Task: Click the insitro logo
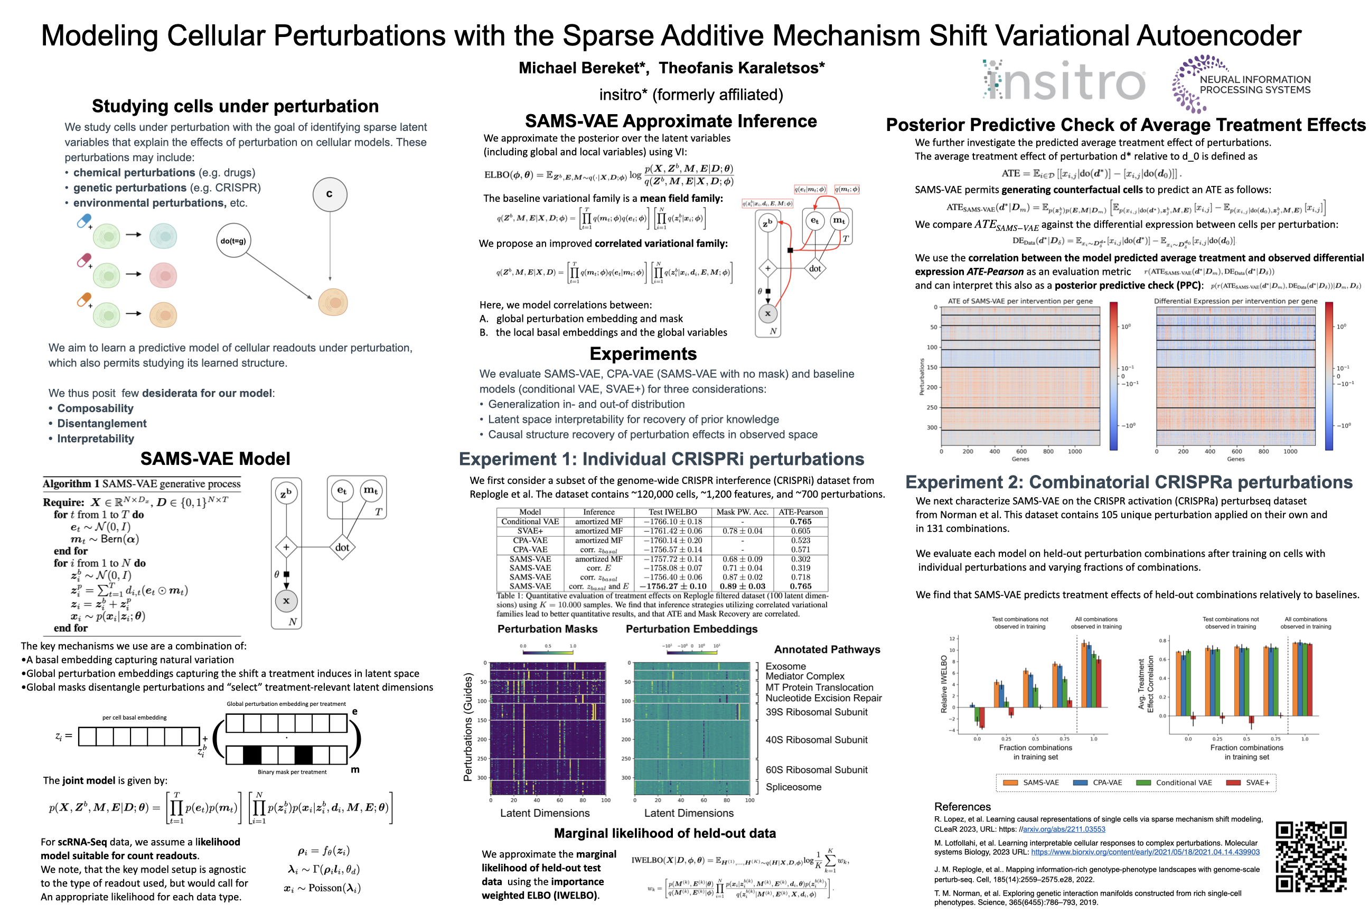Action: click(1064, 81)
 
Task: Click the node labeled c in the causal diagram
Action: click(330, 194)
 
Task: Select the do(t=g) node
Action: click(233, 240)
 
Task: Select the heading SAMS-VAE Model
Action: click(215, 459)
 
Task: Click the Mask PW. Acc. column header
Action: click(742, 513)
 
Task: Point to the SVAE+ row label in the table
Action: click(530, 531)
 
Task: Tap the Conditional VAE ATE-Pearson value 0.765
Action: click(800, 521)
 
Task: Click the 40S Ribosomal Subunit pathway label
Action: click(816, 740)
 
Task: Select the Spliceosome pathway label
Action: click(793, 787)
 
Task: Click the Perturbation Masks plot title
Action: click(547, 629)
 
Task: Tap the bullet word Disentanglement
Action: click(102, 423)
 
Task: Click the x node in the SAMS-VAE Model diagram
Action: click(286, 601)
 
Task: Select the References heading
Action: click(962, 806)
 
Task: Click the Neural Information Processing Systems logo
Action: click(1241, 85)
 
